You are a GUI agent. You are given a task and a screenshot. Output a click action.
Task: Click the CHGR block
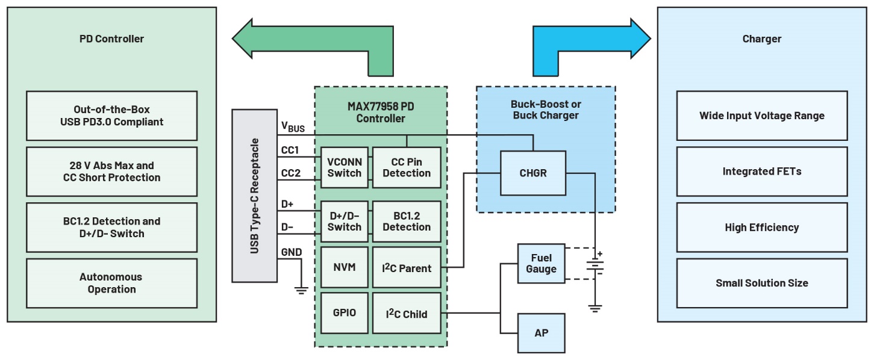pyautogui.click(x=533, y=173)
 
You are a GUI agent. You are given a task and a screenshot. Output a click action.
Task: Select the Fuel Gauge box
pyautogui.click(x=541, y=263)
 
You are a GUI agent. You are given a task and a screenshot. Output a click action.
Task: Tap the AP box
pyautogui.click(x=541, y=332)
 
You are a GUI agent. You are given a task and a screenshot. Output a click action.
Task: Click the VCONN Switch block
pyautogui.click(x=345, y=167)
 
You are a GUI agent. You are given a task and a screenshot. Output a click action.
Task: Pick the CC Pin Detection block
pyautogui.click(x=407, y=167)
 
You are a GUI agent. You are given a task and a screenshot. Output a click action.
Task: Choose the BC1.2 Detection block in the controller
pyautogui.click(x=407, y=221)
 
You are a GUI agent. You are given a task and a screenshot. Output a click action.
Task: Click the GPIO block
pyautogui.click(x=345, y=313)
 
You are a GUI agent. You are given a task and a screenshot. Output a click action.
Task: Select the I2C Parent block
pyautogui.click(x=407, y=267)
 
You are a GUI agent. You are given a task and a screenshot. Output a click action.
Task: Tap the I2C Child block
pyautogui.click(x=407, y=313)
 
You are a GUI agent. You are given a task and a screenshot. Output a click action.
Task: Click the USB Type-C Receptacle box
pyautogui.click(x=254, y=196)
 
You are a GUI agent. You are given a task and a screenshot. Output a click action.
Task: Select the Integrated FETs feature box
pyautogui.click(x=761, y=172)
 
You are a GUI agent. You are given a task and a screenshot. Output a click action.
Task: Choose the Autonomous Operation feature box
pyautogui.click(x=111, y=283)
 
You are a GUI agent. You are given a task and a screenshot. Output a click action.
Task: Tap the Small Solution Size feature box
pyautogui.click(x=761, y=283)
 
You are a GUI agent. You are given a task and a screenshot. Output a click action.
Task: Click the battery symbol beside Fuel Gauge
pyautogui.click(x=595, y=263)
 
